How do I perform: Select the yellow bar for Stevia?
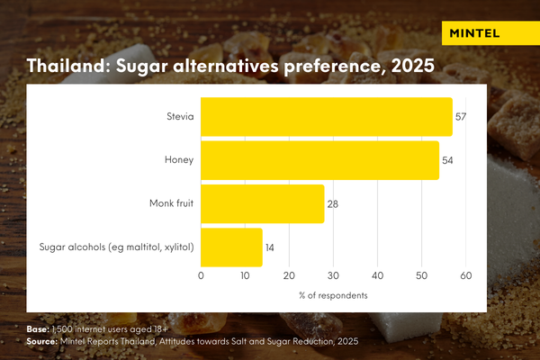(x=326, y=117)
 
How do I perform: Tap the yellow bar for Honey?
(x=319, y=160)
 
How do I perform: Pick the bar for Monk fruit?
(x=262, y=203)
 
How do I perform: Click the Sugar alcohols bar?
(x=231, y=247)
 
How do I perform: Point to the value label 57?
(x=461, y=117)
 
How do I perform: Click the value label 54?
(x=447, y=160)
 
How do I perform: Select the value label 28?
(x=332, y=204)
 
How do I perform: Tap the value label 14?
(x=270, y=247)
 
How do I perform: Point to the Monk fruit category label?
(x=174, y=204)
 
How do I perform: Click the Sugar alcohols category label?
(x=117, y=247)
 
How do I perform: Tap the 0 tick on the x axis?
(x=201, y=277)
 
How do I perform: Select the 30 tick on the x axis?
(x=333, y=277)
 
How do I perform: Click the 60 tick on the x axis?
(x=466, y=277)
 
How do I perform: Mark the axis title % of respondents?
(x=333, y=295)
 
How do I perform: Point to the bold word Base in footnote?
(x=37, y=330)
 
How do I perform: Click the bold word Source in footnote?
(x=41, y=342)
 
